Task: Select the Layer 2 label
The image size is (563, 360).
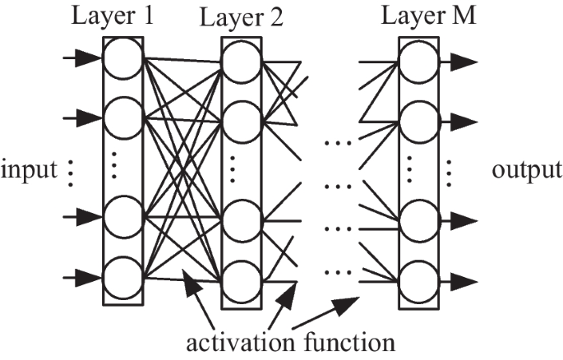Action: point(242,17)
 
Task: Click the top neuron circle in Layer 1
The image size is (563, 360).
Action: point(122,59)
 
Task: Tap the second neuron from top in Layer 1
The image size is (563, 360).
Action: point(122,118)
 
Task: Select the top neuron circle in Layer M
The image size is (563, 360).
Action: point(418,62)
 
